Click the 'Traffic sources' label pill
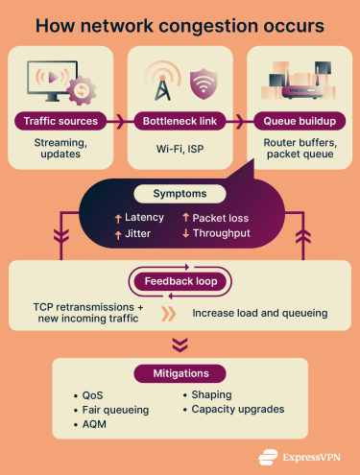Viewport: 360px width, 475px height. [x=60, y=122]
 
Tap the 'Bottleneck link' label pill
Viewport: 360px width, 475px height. [x=179, y=122]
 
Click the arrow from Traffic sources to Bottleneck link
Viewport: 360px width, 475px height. [x=119, y=122]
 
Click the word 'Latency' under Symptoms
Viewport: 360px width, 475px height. [x=145, y=218]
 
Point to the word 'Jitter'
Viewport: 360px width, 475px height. [x=137, y=233]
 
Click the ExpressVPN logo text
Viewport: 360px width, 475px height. [x=304, y=457]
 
